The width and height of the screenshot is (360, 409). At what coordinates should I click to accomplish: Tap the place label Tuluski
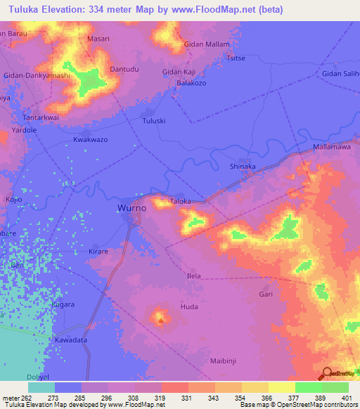[154, 121]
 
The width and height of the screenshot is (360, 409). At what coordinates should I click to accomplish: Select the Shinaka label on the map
[243, 167]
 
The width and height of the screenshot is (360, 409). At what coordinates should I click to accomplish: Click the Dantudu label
[126, 69]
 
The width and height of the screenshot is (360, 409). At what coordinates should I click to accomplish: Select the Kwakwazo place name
[91, 140]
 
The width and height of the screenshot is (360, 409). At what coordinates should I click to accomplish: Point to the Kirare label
[98, 251]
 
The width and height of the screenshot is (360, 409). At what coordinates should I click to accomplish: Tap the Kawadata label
[70, 340]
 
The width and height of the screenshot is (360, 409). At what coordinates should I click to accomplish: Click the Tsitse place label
[234, 60]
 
